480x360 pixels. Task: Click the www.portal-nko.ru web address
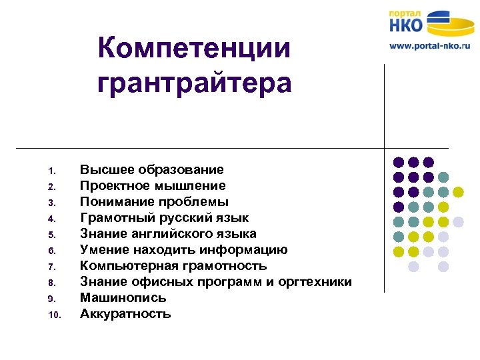pyautogui.click(x=429, y=46)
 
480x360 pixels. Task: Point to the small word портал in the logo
pyautogui.click(x=405, y=12)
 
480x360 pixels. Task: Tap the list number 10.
pyautogui.click(x=55, y=315)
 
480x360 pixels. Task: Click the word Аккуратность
pyautogui.click(x=125, y=314)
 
